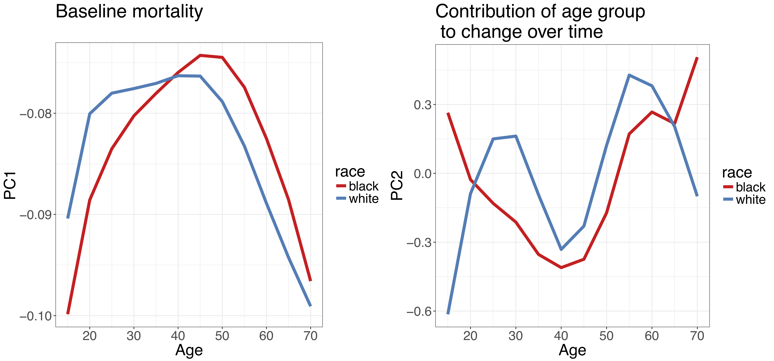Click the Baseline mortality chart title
click(129, 12)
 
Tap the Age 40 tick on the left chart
click(178, 336)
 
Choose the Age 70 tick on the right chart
click(697, 336)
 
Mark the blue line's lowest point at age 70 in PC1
click(310, 306)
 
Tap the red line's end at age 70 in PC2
click(697, 57)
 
